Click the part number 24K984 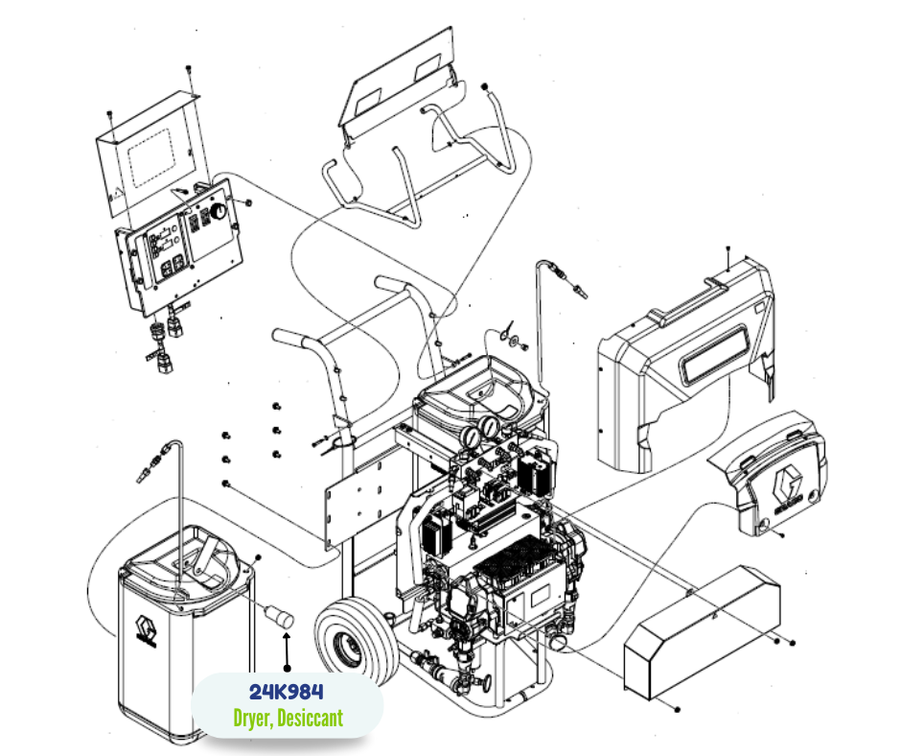pos(287,692)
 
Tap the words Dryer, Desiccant pos(288,718)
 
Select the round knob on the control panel pos(219,211)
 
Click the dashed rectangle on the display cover pos(151,158)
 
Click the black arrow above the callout pos(287,651)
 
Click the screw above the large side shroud pos(728,249)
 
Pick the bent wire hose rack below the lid pos(418,159)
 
